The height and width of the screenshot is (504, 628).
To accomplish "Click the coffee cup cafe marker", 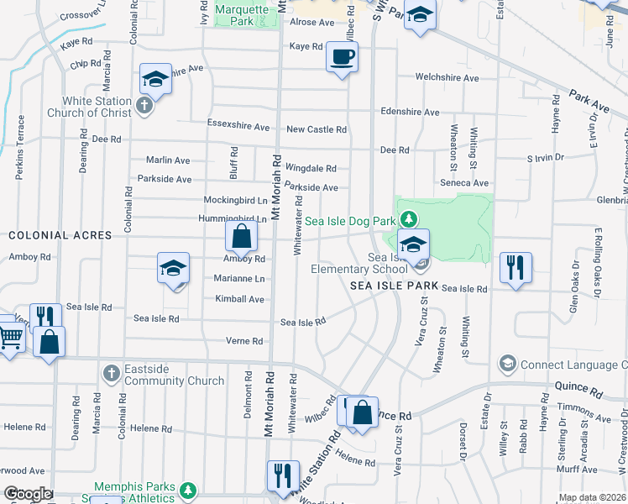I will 342,57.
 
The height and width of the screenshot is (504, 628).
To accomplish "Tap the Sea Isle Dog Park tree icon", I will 408,220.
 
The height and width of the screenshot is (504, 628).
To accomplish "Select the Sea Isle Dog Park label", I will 349,221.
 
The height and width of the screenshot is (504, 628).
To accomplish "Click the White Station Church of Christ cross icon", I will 144,106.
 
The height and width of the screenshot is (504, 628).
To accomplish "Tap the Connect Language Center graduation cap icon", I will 507,364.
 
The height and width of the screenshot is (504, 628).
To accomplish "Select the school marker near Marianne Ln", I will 174,268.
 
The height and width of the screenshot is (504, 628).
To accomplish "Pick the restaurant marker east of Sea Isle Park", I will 515,268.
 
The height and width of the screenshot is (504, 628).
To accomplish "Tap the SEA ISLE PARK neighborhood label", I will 395,286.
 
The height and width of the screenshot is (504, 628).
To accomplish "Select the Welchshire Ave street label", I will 447,78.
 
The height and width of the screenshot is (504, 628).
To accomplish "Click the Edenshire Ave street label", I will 410,112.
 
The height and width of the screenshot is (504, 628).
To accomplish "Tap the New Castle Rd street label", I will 317,129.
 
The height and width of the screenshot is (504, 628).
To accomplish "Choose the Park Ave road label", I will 589,101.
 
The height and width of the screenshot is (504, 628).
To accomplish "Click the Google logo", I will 27,494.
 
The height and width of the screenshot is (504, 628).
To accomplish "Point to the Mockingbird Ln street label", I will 236,200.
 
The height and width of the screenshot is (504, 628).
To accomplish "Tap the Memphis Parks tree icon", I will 190,488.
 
